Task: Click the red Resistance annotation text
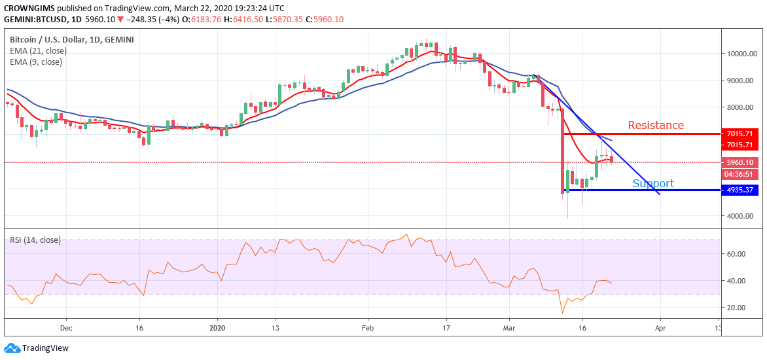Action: [656, 125]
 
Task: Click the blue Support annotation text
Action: [653, 183]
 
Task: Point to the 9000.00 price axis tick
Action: [741, 81]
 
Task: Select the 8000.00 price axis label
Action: [741, 108]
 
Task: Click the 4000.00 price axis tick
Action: [741, 216]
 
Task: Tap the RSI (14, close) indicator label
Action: [35, 240]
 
